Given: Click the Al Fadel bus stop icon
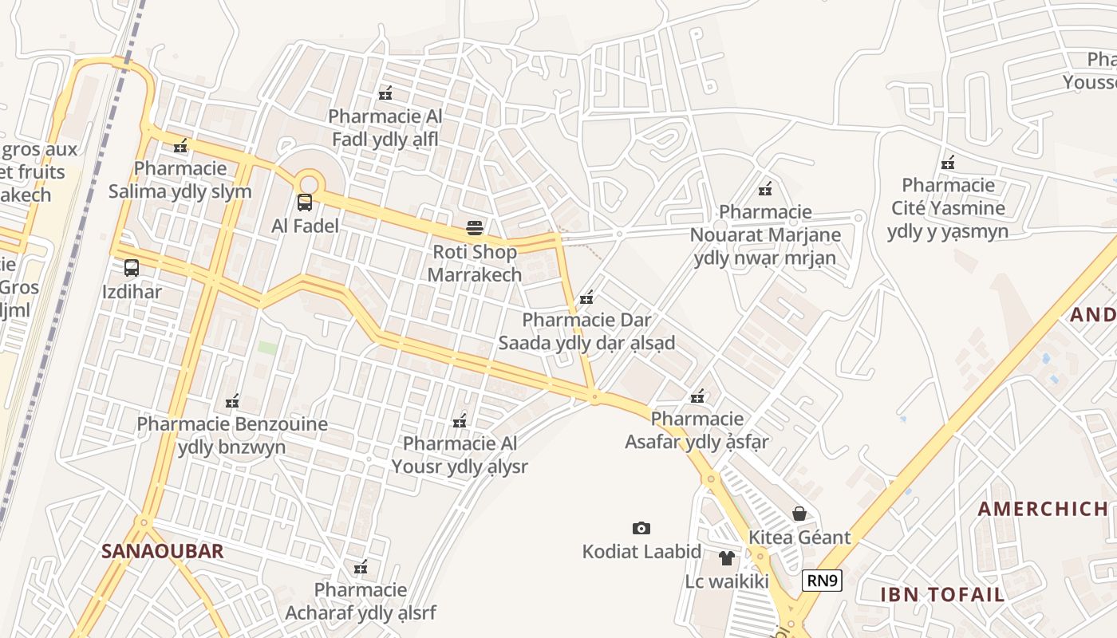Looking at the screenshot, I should [305, 203].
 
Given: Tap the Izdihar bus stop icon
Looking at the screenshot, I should [132, 268].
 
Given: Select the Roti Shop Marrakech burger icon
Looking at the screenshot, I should [475, 228].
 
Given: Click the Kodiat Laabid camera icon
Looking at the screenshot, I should [641, 528].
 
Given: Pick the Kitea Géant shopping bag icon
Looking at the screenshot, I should [799, 514].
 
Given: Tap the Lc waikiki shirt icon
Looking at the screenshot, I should [726, 557].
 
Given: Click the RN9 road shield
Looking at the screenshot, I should [822, 581].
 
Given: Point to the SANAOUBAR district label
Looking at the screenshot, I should [162, 551].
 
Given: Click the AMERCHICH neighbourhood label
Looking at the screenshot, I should [1043, 509].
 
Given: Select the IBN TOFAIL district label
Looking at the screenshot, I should [942, 594].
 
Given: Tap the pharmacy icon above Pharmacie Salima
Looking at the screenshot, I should [181, 145].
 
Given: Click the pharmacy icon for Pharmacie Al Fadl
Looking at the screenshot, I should [385, 93].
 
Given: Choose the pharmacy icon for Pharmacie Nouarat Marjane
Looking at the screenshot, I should [765, 189].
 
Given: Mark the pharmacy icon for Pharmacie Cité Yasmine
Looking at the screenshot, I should [948, 163].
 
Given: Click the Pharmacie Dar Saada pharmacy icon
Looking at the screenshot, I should [586, 297].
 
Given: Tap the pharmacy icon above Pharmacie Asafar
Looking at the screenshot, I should [697, 396].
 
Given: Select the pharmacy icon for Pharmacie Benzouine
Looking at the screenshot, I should [232, 401].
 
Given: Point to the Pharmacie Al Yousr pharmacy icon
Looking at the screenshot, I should [460, 420].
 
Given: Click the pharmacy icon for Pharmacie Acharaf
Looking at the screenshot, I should [361, 567].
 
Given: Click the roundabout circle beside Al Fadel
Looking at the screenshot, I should [307, 182].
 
